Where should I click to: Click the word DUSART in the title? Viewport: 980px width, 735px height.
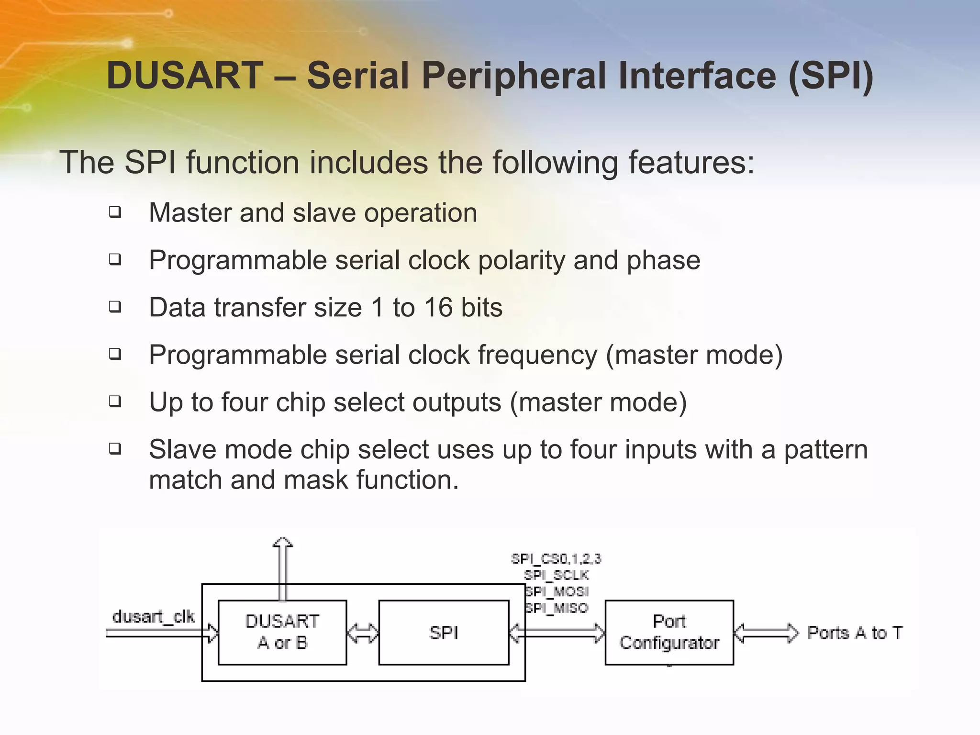[185, 76]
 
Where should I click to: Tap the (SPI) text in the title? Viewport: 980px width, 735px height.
[831, 76]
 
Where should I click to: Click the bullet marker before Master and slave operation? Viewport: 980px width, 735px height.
[115, 212]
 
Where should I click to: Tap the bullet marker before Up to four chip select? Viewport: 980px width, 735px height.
[115, 401]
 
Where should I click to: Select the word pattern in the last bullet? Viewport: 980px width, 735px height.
[825, 450]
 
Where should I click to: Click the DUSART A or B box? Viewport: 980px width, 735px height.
[282, 632]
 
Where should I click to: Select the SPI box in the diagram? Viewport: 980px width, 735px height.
[444, 632]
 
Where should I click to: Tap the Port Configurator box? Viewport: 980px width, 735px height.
[669, 632]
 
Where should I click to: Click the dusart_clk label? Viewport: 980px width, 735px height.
[153, 616]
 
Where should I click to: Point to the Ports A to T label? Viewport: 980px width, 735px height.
[855, 633]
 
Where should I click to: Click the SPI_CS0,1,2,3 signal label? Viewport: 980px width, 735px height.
[556, 558]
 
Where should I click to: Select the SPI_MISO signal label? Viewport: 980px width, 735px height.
[557, 608]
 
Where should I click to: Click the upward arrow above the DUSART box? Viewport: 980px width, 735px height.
[282, 567]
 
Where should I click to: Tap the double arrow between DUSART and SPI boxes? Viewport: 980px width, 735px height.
[362, 633]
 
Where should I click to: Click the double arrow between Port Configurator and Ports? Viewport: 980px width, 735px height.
[766, 633]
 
